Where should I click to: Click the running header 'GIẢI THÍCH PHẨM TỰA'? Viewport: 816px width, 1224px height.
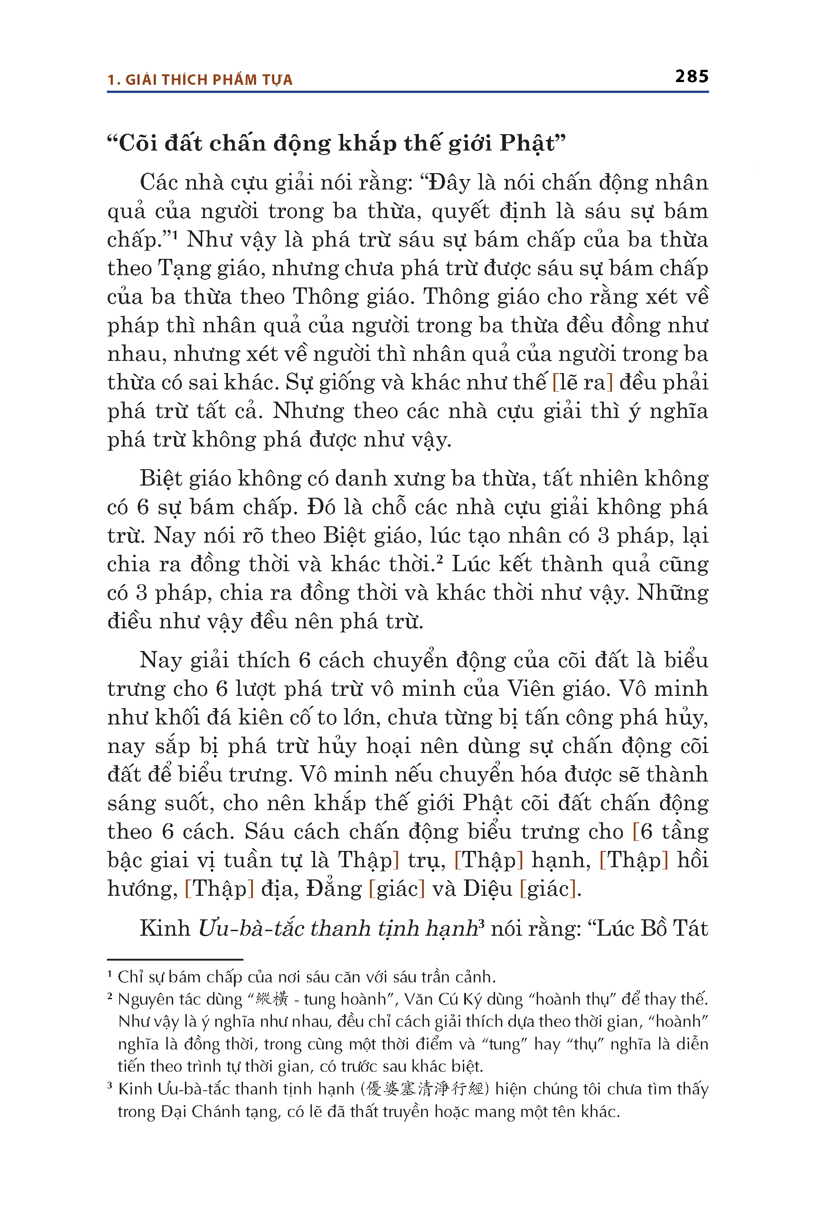coord(209,80)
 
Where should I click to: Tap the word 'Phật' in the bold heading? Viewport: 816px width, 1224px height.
coord(527,144)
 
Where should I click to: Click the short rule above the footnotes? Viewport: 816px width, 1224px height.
coord(175,960)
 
